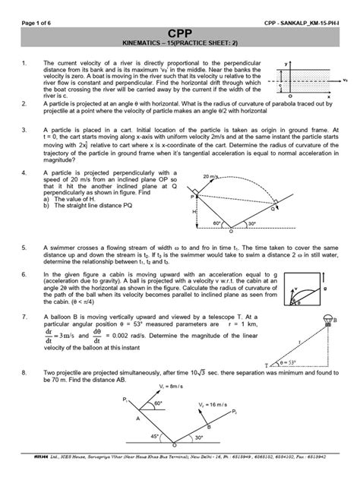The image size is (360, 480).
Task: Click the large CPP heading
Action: (179, 32)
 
